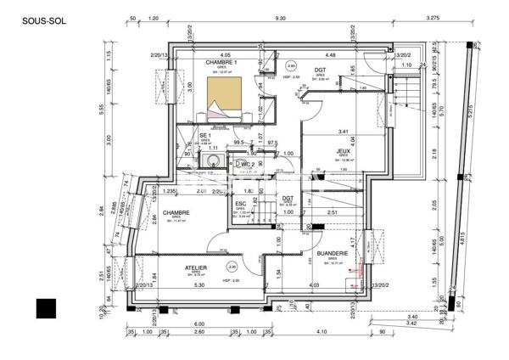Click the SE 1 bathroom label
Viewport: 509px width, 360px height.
point(204,135)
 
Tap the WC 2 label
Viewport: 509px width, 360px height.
point(247,164)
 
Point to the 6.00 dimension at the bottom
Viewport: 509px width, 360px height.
point(199,324)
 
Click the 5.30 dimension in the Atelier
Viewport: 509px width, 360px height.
point(199,285)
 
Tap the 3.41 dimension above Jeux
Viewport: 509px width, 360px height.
point(343,132)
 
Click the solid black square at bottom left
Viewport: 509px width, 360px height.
point(46,308)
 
